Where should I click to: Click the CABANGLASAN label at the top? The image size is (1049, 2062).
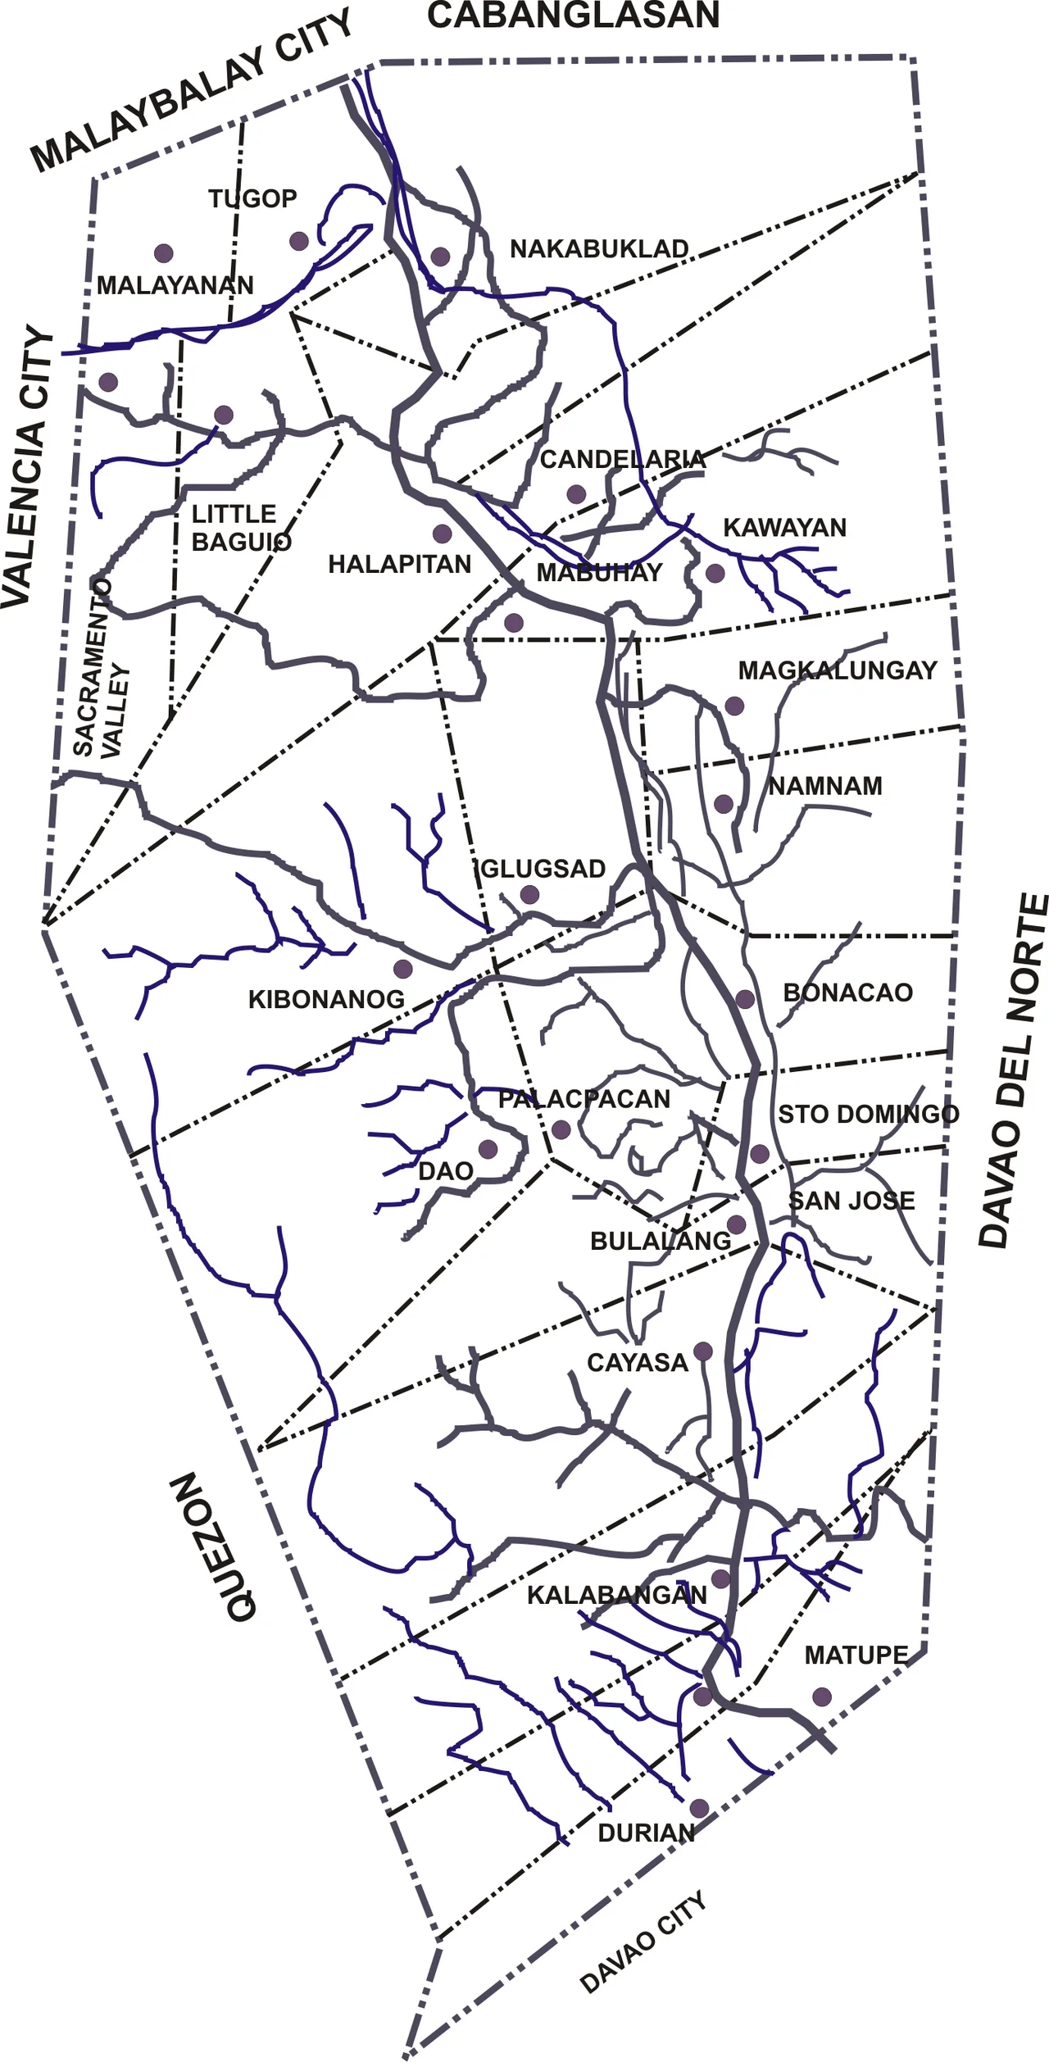click(x=573, y=16)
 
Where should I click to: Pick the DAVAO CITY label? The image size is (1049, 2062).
click(x=643, y=1942)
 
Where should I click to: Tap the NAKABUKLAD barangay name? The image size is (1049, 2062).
click(x=599, y=248)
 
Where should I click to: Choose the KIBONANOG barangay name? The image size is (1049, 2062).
click(x=326, y=999)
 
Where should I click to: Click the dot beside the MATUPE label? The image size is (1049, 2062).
click(x=821, y=1696)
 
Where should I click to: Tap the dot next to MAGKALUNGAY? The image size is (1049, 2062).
click(x=734, y=706)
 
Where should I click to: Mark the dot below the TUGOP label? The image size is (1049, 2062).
click(x=299, y=241)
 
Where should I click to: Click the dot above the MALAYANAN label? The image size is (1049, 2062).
click(x=163, y=252)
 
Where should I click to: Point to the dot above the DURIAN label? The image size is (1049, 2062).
click(x=699, y=1809)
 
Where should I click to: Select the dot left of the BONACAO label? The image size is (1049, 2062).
click(x=745, y=999)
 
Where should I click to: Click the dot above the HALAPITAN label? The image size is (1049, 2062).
click(x=443, y=534)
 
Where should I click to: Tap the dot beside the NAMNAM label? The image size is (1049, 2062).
click(x=723, y=804)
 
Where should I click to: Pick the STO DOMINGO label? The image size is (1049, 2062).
click(x=868, y=1114)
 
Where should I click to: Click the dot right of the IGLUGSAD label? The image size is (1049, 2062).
click(x=529, y=894)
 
